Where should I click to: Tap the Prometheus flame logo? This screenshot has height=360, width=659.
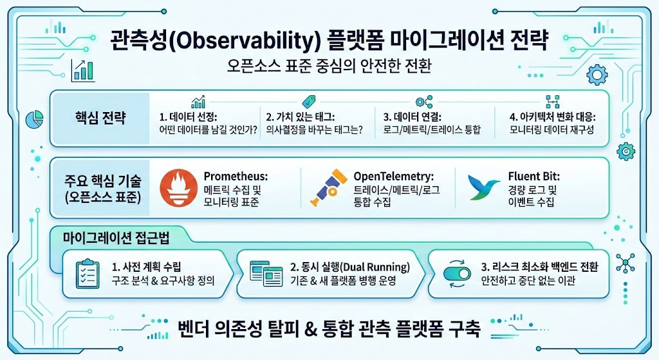[179, 188]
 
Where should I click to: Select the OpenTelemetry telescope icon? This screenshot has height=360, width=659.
[328, 187]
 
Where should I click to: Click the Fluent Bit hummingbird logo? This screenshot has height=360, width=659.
[483, 187]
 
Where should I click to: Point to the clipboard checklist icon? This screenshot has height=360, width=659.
[88, 274]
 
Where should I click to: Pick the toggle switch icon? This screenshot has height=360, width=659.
[458, 274]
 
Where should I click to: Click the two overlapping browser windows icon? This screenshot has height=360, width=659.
[266, 274]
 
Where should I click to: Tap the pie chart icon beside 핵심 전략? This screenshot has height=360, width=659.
[35, 119]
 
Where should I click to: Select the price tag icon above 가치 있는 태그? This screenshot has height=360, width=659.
[309, 101]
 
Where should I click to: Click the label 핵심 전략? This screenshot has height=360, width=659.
[100, 118]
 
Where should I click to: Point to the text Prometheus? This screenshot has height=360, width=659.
[236, 176]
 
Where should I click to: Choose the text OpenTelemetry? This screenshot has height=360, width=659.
[393, 176]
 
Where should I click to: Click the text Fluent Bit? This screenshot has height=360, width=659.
[534, 176]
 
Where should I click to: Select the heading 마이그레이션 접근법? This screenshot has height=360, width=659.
[116, 238]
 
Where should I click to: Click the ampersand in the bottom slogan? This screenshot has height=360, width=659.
[310, 329]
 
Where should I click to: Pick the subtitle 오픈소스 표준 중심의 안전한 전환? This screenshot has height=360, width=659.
[329, 66]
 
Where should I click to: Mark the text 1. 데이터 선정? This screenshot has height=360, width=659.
[189, 117]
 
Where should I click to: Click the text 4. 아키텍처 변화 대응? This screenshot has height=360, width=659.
[552, 117]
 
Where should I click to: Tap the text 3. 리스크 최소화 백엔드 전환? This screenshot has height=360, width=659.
[540, 267]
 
